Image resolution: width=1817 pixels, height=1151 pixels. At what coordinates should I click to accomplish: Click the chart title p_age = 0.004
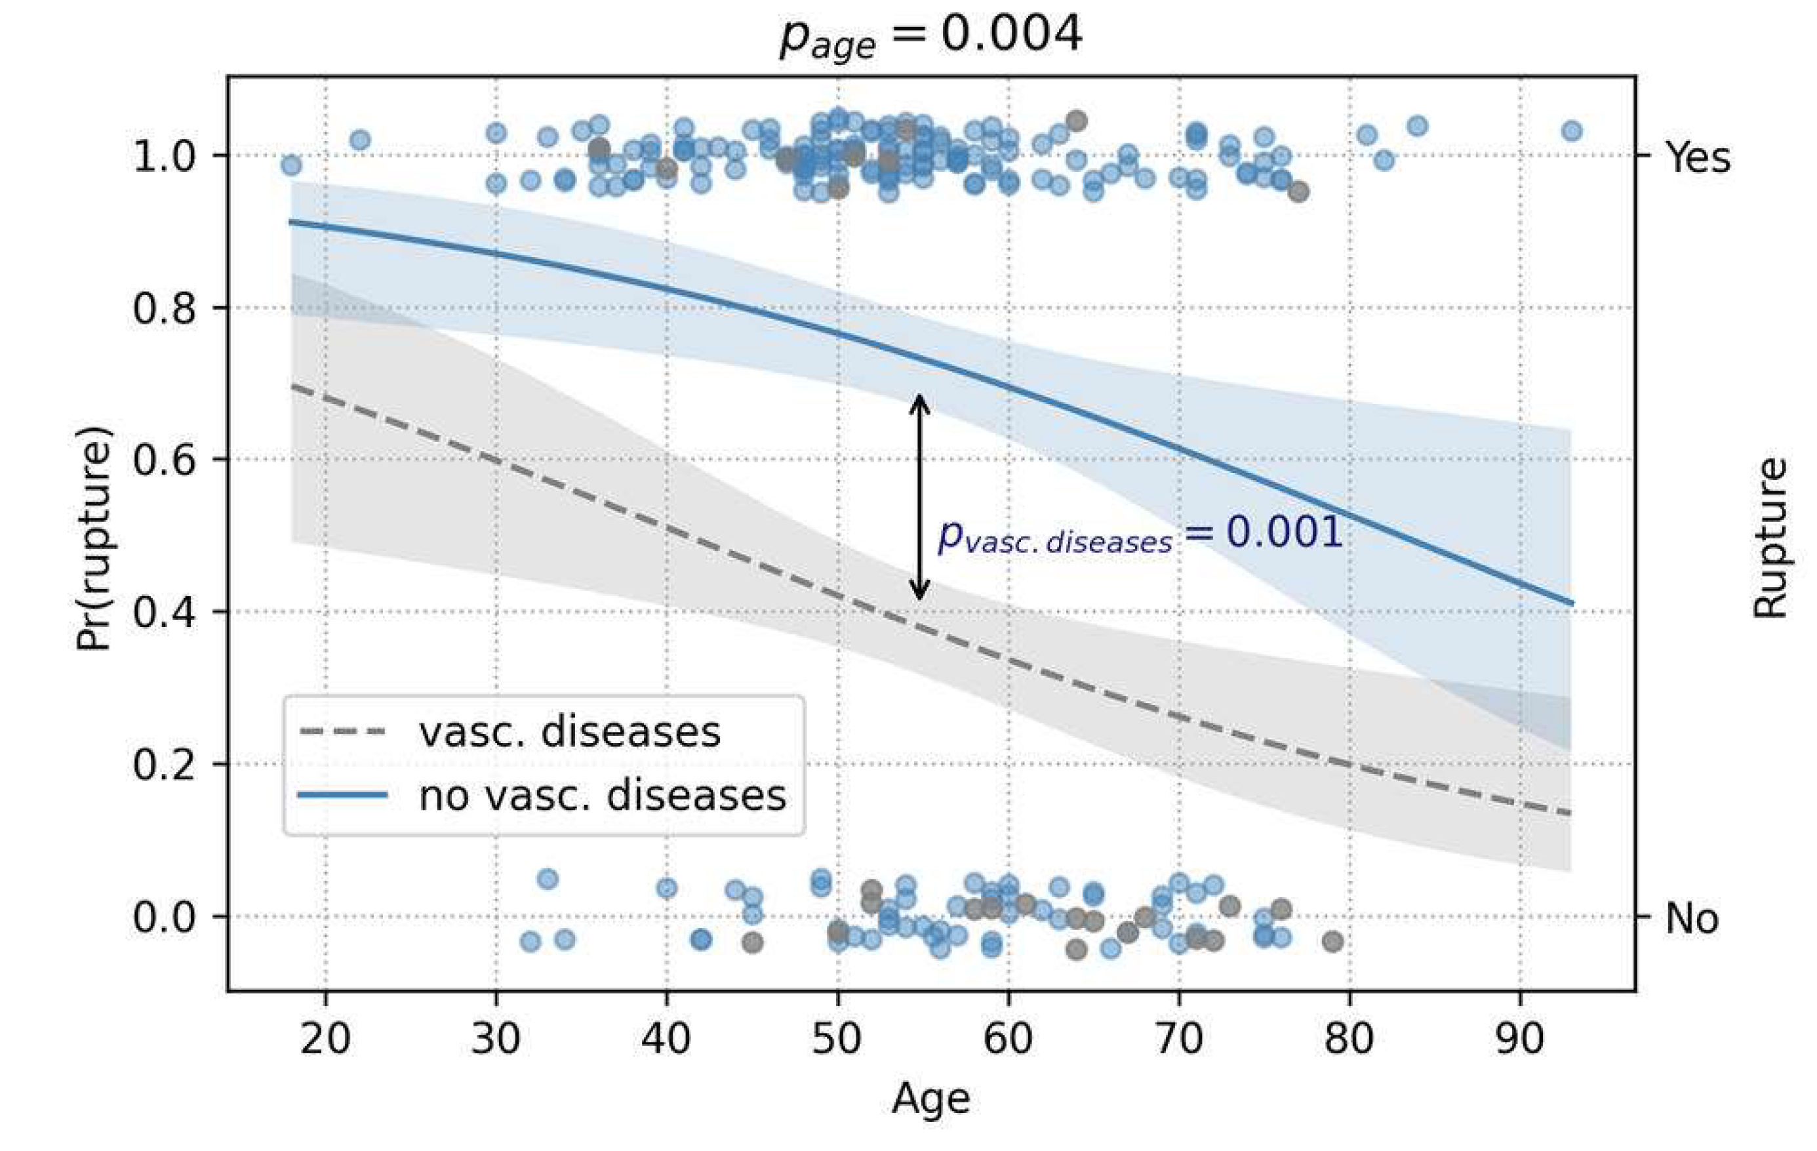click(931, 35)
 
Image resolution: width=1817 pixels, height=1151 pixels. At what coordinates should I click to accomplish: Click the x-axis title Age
click(930, 1098)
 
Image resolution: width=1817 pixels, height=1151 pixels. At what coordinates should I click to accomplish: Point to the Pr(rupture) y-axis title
click(94, 537)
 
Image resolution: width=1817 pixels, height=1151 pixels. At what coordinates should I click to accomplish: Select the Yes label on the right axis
click(1698, 157)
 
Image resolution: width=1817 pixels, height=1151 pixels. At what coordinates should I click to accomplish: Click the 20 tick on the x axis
click(325, 1039)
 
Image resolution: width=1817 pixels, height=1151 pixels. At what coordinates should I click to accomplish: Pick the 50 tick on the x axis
click(837, 1039)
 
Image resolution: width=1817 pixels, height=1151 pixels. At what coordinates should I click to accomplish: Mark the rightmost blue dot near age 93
click(1572, 131)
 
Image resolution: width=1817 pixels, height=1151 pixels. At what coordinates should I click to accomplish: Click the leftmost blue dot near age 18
click(291, 165)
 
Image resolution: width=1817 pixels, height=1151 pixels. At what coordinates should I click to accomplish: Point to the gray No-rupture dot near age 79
click(1332, 940)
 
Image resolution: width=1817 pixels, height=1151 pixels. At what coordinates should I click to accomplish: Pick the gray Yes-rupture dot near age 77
click(1298, 192)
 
